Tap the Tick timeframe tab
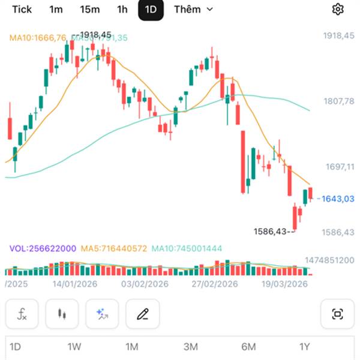[22, 9]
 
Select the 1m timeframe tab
[56, 9]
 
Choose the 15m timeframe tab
[89, 9]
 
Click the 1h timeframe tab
[122, 9]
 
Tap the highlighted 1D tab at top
[151, 10]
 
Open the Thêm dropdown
[193, 9]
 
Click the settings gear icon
[338, 9]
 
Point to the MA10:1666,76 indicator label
[38, 38]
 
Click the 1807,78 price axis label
[338, 101]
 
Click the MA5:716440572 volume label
[114, 248]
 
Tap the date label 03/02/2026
[145, 284]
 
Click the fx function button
[22, 314]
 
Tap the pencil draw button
[143, 314]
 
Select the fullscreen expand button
[337, 314]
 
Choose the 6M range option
[248, 347]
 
